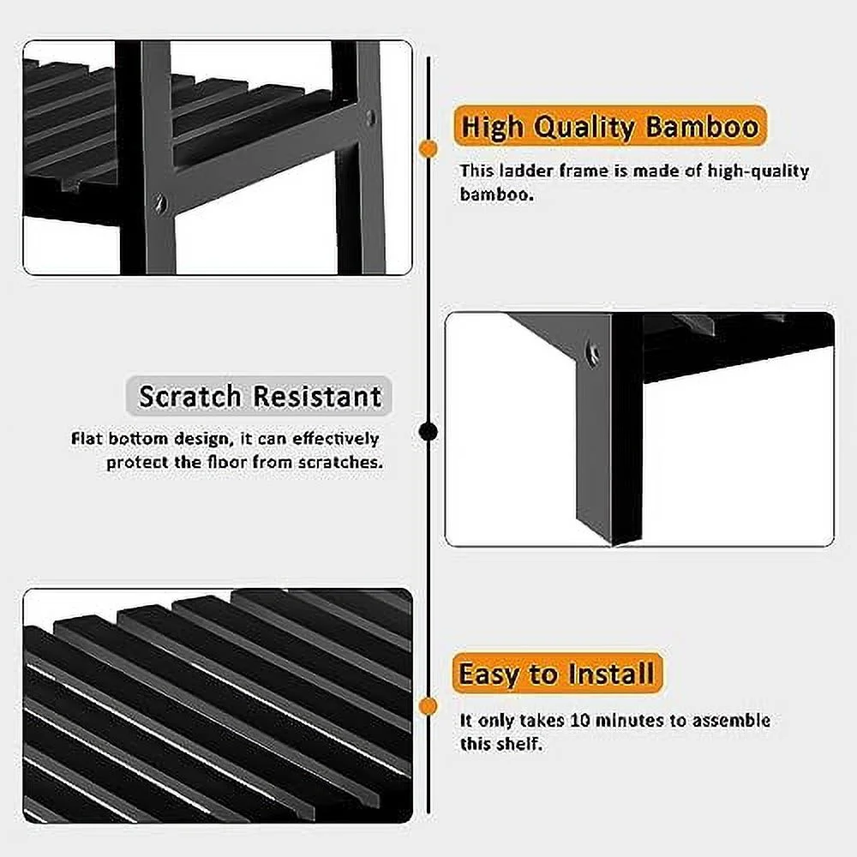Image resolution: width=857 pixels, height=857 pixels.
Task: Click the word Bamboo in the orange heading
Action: point(703,126)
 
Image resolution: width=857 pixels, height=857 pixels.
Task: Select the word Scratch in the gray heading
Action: point(189,396)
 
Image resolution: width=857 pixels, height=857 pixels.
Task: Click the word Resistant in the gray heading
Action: point(317,396)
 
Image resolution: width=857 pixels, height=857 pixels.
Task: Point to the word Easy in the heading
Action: point(489,674)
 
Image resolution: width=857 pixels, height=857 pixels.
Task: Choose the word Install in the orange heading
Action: point(611,673)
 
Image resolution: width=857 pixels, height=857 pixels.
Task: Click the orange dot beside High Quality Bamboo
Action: point(428,148)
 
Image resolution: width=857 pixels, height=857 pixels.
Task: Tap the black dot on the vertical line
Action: point(428,432)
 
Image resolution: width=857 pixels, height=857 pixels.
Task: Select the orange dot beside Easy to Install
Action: point(428,706)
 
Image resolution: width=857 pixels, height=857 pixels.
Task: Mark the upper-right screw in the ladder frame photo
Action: point(371,117)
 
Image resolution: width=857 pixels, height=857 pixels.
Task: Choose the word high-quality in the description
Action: point(758,171)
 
